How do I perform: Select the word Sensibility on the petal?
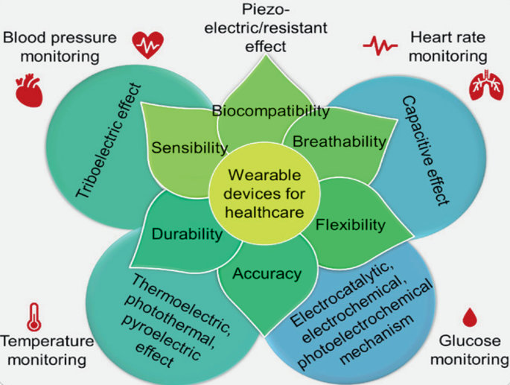pos(189,147)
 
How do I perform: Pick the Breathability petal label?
pos(340,141)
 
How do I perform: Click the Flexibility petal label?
pos(351,223)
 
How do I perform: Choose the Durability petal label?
pos(187,235)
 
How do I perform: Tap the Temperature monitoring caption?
pos(47,351)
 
